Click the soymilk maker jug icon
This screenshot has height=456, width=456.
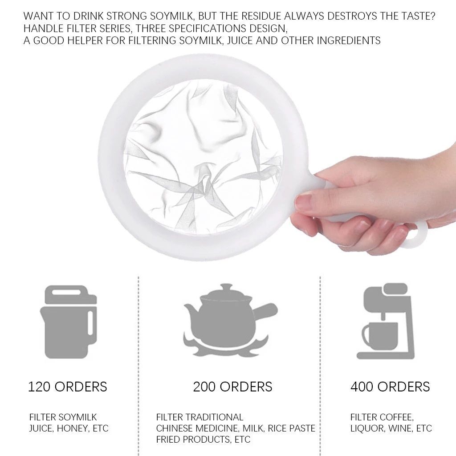69,322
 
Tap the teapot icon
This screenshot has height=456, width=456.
230,320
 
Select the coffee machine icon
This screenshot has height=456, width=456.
386,321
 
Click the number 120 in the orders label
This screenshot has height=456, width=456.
39,387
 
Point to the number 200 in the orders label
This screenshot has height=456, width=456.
204,387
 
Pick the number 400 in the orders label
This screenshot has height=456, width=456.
362,387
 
